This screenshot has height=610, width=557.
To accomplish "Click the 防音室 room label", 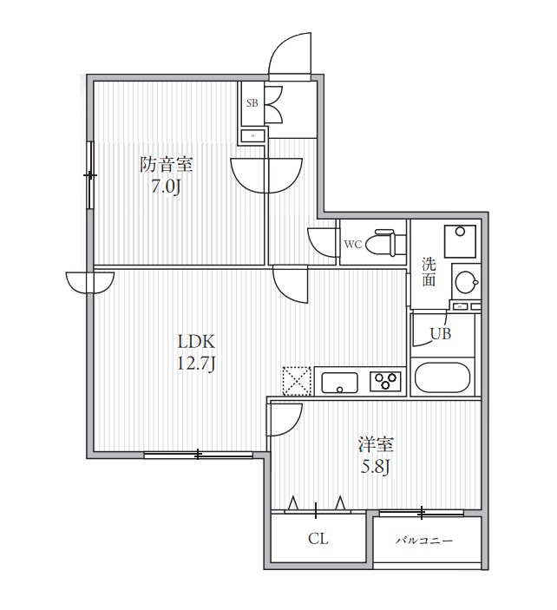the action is [166, 164].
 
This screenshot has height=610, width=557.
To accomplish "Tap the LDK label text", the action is [196, 342].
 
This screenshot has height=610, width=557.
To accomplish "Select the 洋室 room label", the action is [376, 444].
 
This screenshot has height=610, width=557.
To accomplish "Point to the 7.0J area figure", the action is [166, 187].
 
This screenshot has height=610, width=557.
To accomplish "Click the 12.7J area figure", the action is [196, 364].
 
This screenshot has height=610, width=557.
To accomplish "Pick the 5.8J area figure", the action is [376, 467].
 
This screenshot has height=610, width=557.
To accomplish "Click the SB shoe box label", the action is [252, 103].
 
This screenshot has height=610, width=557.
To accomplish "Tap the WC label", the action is [353, 245].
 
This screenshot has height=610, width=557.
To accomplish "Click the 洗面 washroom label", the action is [429, 272].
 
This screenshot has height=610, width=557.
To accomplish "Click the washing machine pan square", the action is [460, 241].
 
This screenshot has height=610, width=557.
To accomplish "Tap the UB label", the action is [441, 333].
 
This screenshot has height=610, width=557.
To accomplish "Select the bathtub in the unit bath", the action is [442, 377].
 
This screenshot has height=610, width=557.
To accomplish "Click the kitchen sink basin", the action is [339, 383].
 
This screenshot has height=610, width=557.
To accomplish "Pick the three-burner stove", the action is [385, 381].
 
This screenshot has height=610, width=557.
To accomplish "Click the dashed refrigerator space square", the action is [297, 381].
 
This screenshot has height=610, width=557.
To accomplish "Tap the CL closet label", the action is [318, 539].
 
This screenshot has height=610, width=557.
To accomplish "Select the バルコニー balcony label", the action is [424, 541].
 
